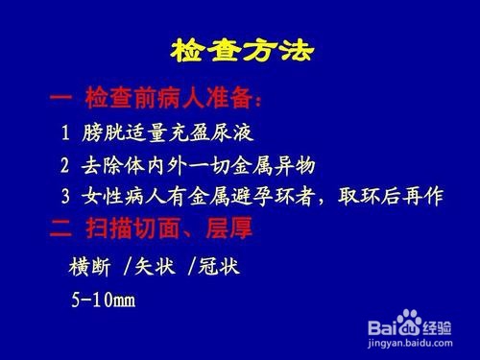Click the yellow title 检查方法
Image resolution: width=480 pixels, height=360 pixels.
pyautogui.click(x=240, y=49)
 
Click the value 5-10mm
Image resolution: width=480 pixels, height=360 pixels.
pyautogui.click(x=103, y=299)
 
